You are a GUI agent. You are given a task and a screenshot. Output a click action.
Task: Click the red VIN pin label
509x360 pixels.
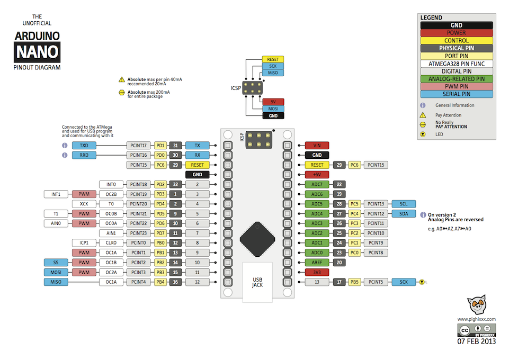click(x=317, y=145)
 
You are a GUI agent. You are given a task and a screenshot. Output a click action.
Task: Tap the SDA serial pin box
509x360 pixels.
click(x=404, y=213)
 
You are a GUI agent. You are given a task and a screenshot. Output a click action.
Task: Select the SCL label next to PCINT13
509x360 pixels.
click(x=404, y=204)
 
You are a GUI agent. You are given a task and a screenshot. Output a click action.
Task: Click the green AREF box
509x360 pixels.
click(x=317, y=262)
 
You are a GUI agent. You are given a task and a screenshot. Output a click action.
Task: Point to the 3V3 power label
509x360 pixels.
click(x=317, y=272)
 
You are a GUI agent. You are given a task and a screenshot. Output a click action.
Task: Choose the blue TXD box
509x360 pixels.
click(x=84, y=145)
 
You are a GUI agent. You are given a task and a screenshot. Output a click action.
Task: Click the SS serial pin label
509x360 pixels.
click(x=56, y=262)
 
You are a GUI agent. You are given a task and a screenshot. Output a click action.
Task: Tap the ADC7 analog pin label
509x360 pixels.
click(x=317, y=184)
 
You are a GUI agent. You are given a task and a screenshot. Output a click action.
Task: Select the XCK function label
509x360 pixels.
click(x=84, y=204)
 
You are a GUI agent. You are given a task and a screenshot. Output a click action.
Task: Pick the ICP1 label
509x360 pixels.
click(x=84, y=242)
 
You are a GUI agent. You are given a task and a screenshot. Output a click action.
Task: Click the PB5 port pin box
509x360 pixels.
click(x=354, y=282)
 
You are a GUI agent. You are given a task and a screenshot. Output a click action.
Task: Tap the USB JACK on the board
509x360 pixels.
click(x=257, y=282)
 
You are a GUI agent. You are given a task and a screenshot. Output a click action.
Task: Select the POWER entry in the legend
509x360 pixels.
click(x=456, y=33)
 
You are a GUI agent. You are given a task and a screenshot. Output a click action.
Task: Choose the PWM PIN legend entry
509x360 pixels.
click(x=456, y=86)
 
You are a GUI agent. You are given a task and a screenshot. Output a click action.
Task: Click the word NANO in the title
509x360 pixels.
click(x=37, y=52)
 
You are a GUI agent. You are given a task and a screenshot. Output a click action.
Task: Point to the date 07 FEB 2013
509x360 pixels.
click(x=476, y=341)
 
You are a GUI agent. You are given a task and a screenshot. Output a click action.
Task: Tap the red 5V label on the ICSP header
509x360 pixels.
click(x=273, y=102)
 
